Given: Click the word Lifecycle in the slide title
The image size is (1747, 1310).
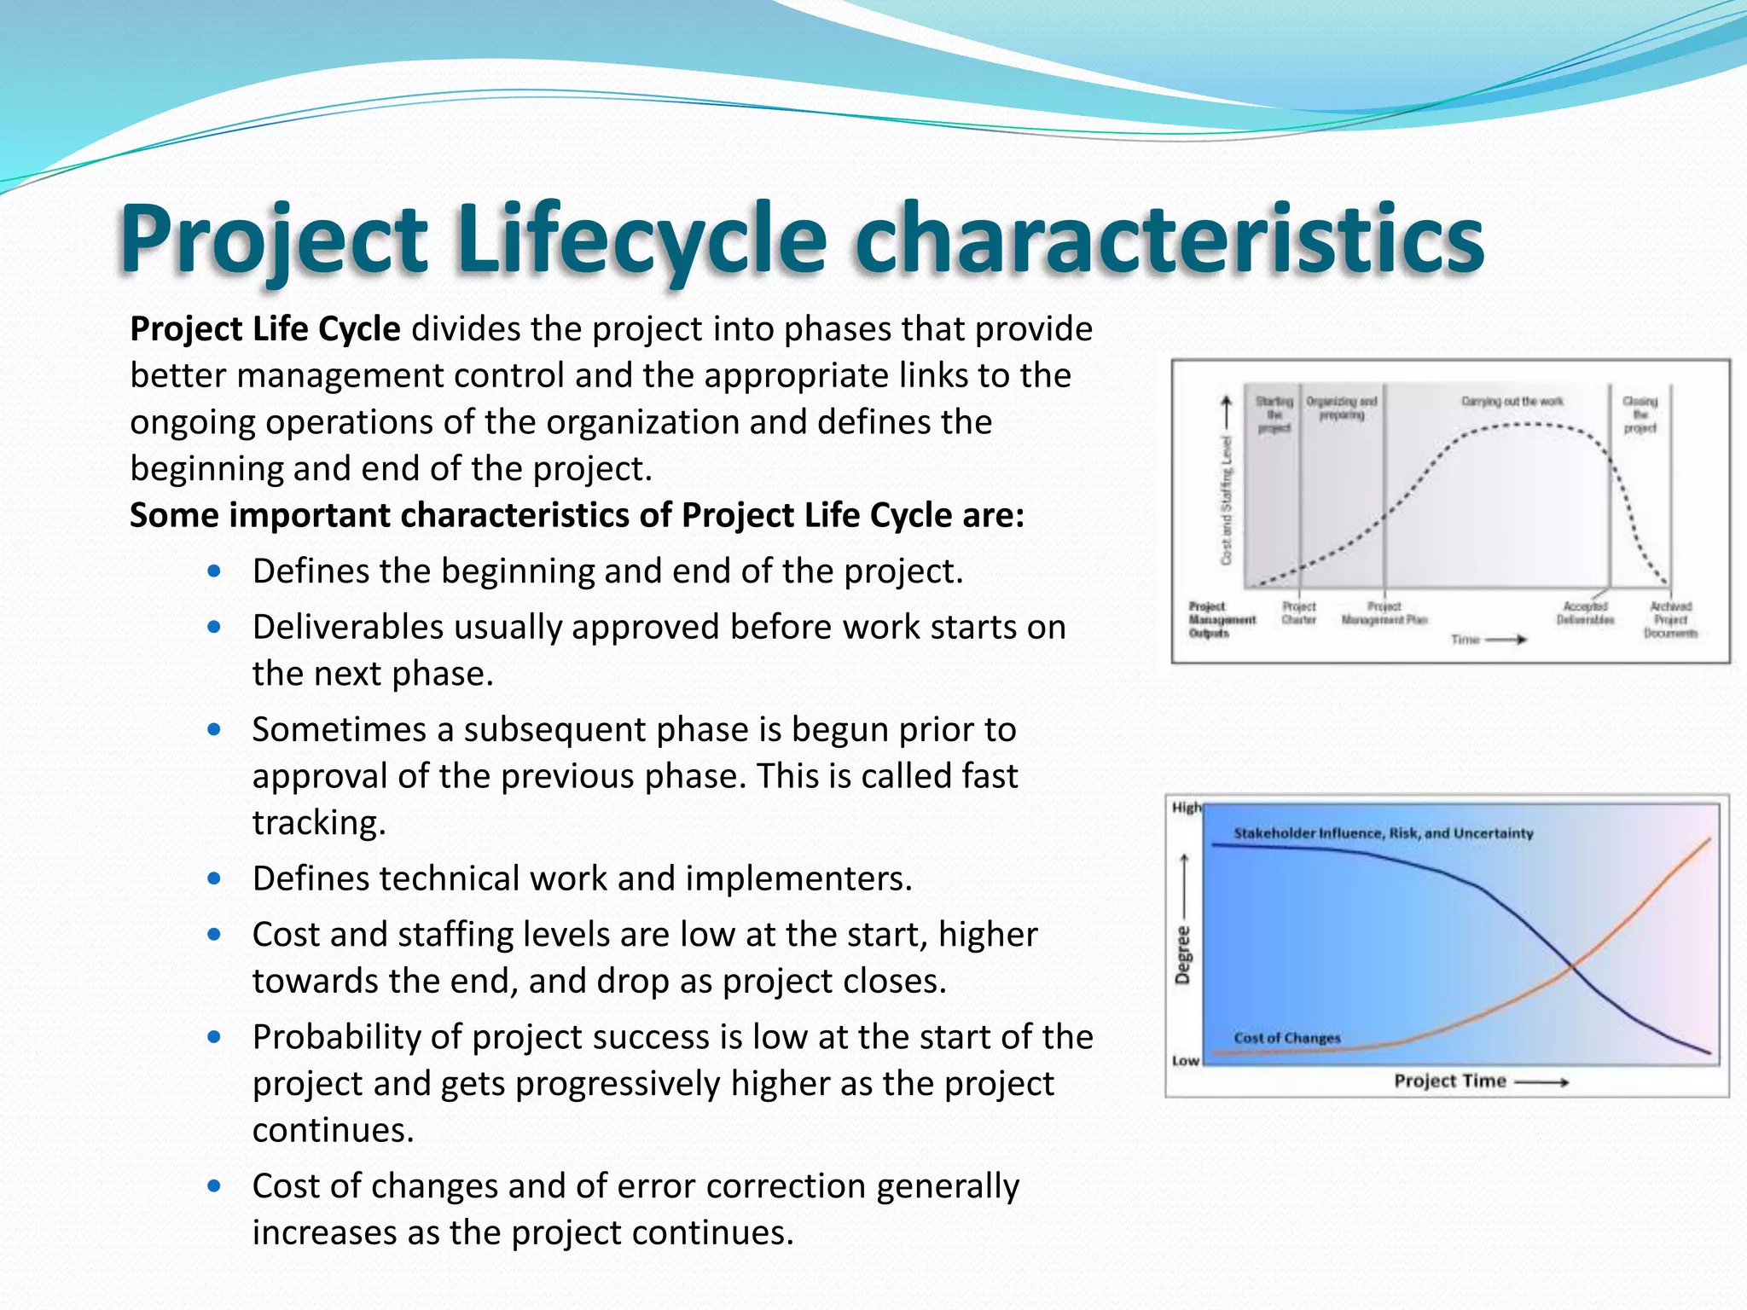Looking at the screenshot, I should (641, 239).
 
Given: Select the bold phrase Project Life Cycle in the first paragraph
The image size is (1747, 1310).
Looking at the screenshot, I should (264, 329).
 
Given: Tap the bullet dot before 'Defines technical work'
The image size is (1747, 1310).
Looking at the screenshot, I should (214, 878).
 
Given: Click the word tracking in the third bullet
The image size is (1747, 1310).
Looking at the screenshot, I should (319, 823).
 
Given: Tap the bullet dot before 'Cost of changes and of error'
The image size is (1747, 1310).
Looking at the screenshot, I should (214, 1185).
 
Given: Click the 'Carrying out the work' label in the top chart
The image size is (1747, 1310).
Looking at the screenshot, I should (1512, 401).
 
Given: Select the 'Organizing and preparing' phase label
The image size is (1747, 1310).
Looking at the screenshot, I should (1341, 408).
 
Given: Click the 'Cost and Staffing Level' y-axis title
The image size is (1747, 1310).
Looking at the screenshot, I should (1227, 500).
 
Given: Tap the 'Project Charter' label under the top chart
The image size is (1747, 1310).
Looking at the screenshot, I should (1298, 612).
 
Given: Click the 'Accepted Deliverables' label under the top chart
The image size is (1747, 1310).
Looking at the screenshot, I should (1585, 612).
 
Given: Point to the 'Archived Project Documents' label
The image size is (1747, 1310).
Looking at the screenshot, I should (1670, 619).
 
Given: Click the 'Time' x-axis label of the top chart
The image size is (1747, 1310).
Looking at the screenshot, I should (1465, 640).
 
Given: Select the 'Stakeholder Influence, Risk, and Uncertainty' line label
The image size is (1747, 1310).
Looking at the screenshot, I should (1383, 833).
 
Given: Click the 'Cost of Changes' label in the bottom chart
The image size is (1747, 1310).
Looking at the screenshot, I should (1286, 1038).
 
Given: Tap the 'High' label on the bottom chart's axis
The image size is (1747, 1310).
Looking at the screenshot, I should (1186, 808).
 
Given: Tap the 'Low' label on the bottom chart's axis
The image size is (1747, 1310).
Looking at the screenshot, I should (1185, 1061).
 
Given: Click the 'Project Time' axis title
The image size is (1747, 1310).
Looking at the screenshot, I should (1449, 1081).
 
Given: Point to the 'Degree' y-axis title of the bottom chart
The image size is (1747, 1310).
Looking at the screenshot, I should (1182, 955).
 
